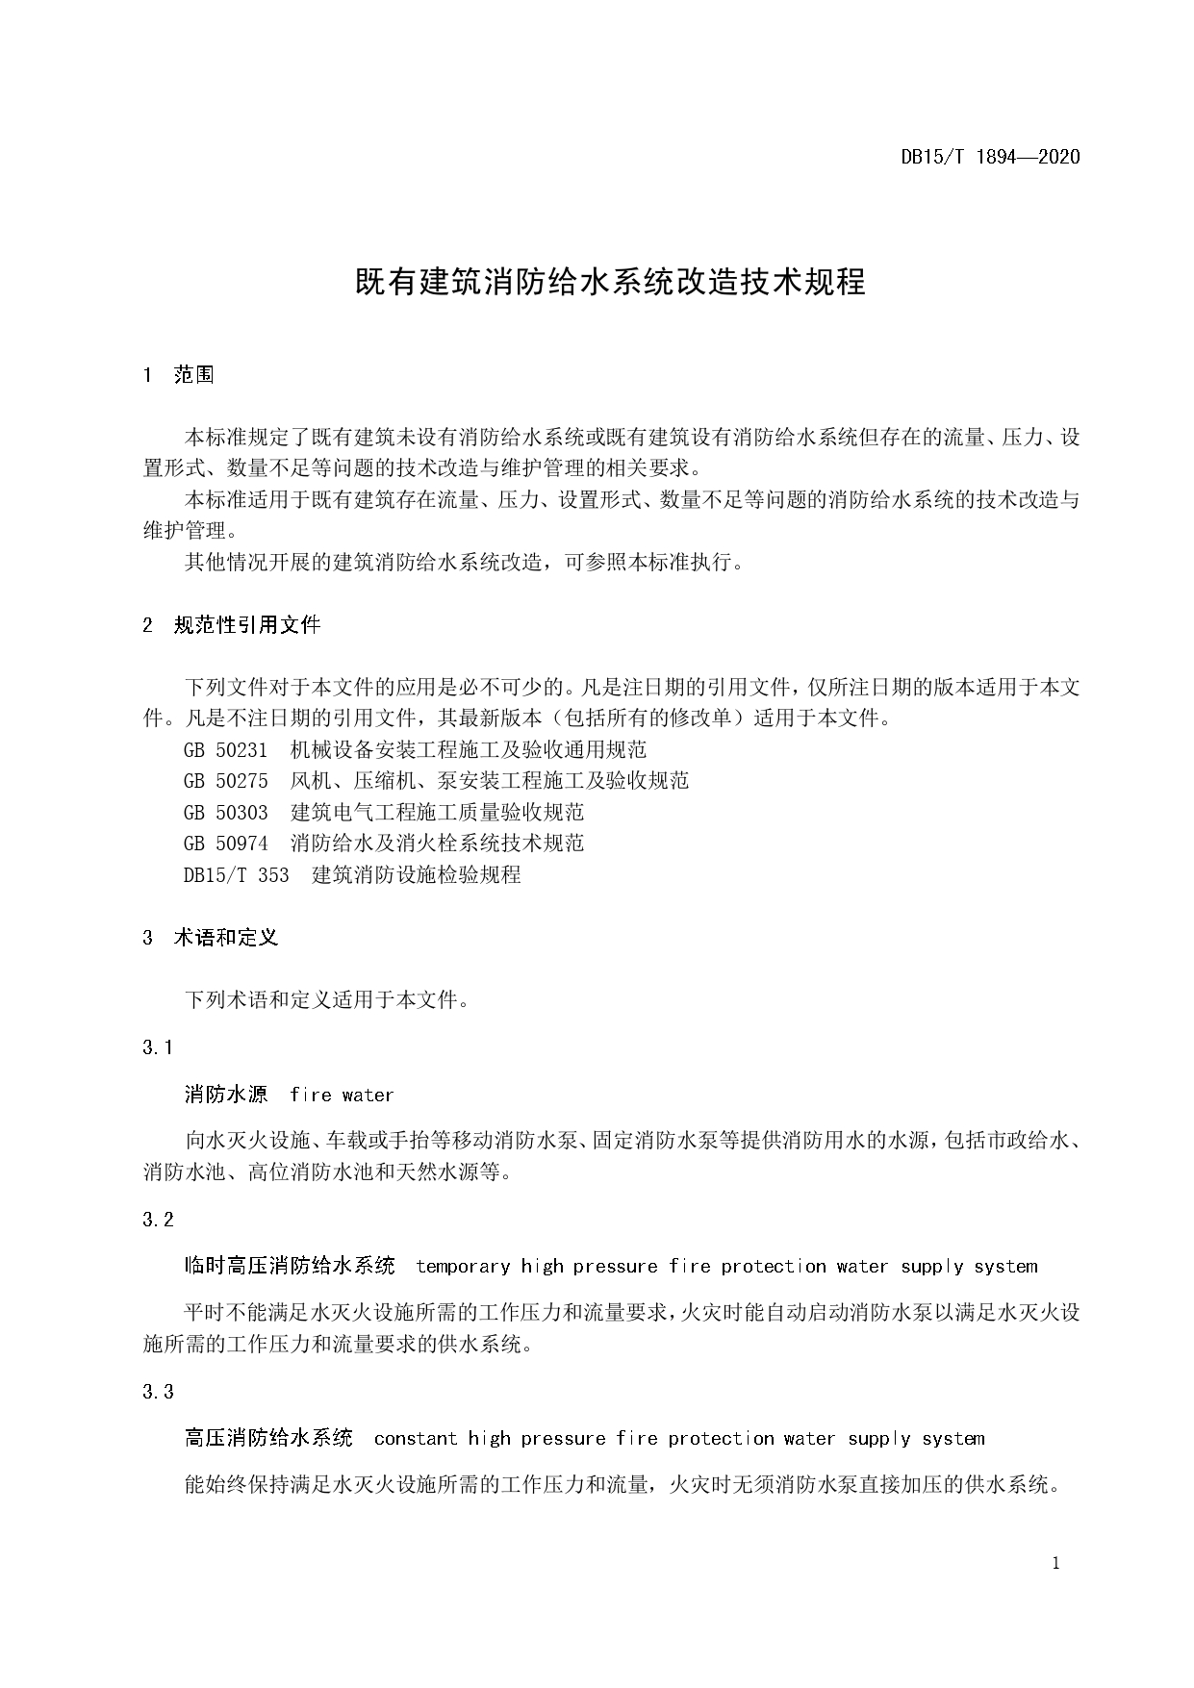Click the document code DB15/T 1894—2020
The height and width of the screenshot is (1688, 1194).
(990, 157)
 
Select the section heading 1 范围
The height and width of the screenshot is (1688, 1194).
(179, 375)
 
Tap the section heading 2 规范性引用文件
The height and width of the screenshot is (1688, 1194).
(232, 625)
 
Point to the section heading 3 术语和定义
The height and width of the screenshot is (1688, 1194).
(211, 938)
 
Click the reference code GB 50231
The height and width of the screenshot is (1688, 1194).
(225, 749)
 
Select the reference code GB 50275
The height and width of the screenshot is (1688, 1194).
(225, 780)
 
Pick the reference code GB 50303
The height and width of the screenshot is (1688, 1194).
(225, 812)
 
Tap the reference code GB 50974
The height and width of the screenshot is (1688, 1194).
(225, 844)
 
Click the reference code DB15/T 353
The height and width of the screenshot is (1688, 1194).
(236, 875)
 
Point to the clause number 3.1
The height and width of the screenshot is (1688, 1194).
(158, 1047)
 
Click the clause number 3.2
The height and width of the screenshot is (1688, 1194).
(158, 1220)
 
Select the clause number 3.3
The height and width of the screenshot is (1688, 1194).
(158, 1392)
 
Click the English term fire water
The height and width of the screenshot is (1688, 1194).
(342, 1095)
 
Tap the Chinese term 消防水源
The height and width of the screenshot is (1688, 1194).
(226, 1095)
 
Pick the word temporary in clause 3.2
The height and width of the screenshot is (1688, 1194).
(463, 1267)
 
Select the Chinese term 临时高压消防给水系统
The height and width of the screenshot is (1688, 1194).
(290, 1266)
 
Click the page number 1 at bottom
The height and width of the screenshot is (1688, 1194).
(1056, 1564)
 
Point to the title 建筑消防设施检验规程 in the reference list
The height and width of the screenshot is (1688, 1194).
(417, 875)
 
